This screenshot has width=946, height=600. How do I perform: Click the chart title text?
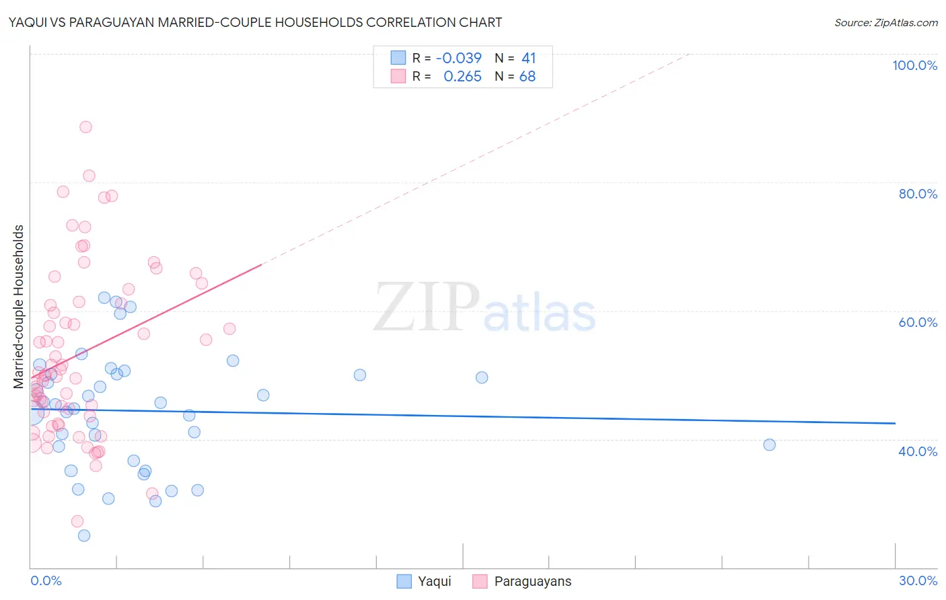(255, 22)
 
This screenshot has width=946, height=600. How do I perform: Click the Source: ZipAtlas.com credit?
(885, 22)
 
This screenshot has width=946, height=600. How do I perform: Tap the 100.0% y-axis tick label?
(914, 65)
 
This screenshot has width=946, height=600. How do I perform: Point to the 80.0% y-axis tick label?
(918, 194)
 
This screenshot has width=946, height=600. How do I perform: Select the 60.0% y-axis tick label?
(918, 322)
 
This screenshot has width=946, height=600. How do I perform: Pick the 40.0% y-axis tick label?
(918, 451)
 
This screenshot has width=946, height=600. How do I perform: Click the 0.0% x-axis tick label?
(46, 580)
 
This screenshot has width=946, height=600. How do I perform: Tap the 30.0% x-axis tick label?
(918, 580)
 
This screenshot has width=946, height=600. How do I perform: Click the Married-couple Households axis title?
(19, 307)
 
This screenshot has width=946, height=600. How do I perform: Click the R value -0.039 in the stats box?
(459, 59)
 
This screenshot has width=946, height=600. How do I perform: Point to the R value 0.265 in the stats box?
(462, 77)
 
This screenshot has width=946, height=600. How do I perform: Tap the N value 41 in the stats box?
(528, 59)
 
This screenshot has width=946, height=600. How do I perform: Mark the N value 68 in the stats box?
(527, 77)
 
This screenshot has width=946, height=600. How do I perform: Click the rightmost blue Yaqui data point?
(770, 445)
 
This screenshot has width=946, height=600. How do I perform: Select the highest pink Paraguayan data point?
(85, 126)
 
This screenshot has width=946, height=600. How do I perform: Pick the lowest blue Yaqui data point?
(84, 535)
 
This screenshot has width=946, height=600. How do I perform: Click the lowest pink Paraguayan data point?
(77, 521)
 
